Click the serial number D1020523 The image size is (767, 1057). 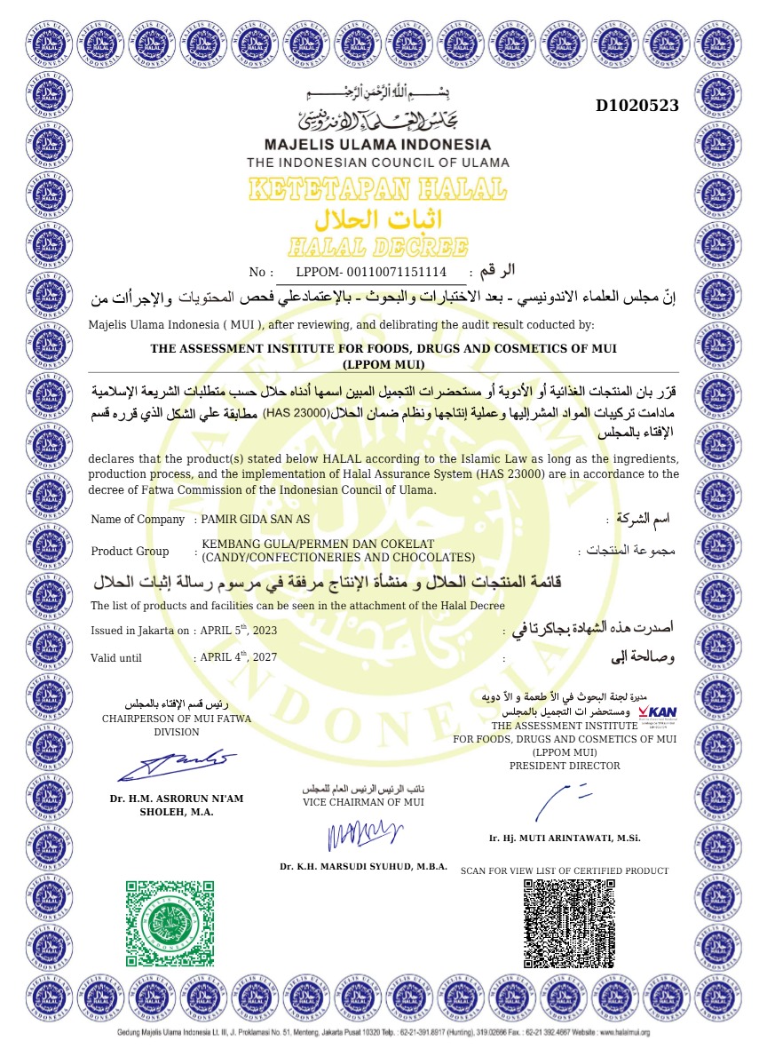click(x=637, y=106)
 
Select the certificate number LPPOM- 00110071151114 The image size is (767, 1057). click(x=371, y=272)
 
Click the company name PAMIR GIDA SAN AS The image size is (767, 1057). click(x=257, y=520)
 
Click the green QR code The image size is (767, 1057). click(x=170, y=925)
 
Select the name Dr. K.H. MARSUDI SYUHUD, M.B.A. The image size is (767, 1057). click(x=363, y=866)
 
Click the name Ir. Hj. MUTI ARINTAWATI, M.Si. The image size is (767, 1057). click(x=565, y=838)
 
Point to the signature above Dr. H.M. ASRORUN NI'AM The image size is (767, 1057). click(x=178, y=763)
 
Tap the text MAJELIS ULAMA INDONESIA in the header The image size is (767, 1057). click(x=377, y=144)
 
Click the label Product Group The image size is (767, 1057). click(x=130, y=552)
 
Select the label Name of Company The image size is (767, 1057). click(x=138, y=520)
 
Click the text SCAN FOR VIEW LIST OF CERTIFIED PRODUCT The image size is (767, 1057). click(x=565, y=871)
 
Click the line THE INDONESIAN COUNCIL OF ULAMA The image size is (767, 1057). click(x=377, y=163)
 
